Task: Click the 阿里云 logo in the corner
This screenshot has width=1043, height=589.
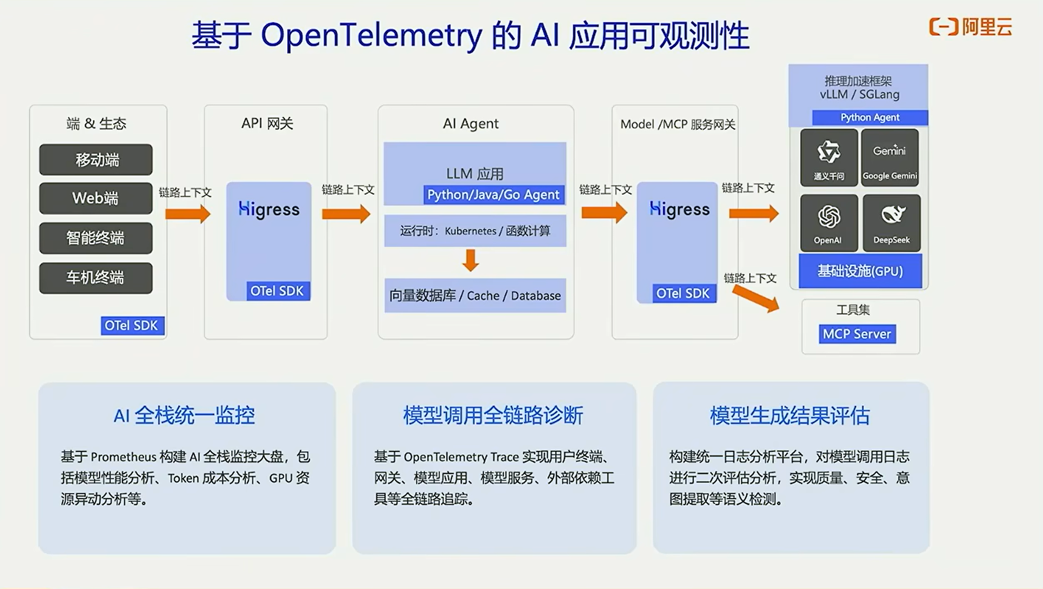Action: (x=970, y=27)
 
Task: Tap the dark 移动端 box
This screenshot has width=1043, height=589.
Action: (x=96, y=160)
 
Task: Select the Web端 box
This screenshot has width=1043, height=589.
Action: (x=96, y=198)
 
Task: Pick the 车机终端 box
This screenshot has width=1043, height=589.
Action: (x=96, y=278)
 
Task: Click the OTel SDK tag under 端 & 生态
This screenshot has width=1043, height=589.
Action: (x=132, y=326)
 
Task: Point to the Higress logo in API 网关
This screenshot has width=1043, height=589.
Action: (x=269, y=209)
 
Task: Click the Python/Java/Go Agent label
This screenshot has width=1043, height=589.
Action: (x=493, y=195)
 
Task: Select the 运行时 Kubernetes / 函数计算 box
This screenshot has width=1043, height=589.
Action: (x=475, y=231)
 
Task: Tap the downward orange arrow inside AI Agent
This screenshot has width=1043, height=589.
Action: (x=470, y=260)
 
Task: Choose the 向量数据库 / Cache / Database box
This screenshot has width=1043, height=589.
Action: (x=475, y=296)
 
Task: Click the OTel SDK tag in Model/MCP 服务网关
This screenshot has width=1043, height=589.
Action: (x=683, y=293)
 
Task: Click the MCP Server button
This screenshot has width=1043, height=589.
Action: (x=857, y=334)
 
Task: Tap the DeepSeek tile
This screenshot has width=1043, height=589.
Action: (x=891, y=223)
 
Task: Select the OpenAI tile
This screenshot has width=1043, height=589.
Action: (x=829, y=223)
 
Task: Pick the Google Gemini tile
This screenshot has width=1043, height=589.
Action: (x=890, y=157)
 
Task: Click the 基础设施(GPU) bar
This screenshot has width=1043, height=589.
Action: (x=860, y=271)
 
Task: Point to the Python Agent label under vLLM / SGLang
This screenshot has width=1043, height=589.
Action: (x=869, y=117)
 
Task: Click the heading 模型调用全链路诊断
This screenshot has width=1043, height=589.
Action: (x=493, y=415)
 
